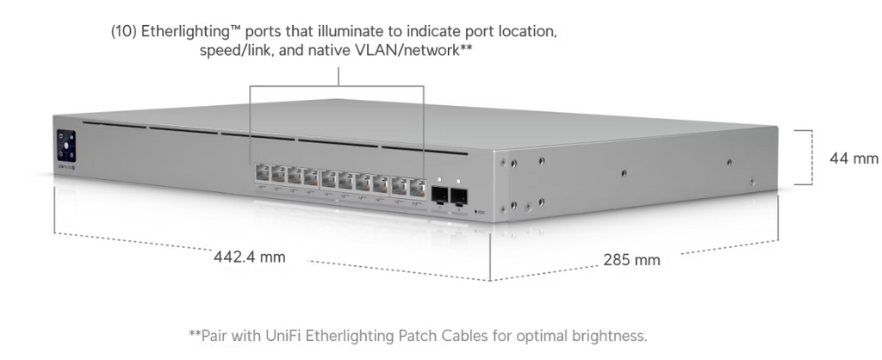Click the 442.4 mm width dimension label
coord(250,257)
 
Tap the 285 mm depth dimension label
coord(631,260)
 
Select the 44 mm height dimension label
coord(854,158)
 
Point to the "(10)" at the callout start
coord(124,32)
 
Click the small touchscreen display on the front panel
coord(65,146)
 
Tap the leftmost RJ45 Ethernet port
coord(263,173)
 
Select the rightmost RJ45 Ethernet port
coord(418,187)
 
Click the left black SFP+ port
coord(440,196)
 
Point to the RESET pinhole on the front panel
coord(475,212)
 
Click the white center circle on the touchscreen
coord(65,146)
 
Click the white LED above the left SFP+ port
coord(439,180)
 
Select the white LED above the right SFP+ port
coord(458,182)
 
